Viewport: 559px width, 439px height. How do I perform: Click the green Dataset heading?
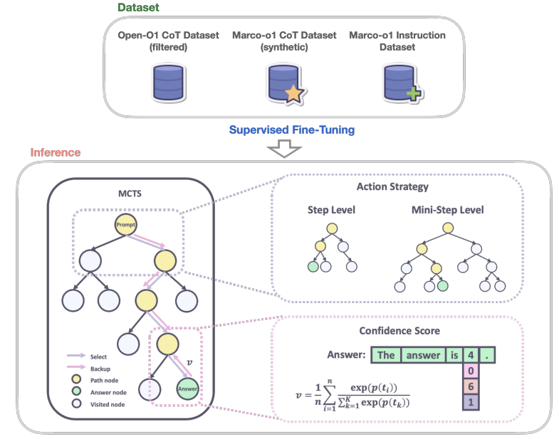(x=138, y=8)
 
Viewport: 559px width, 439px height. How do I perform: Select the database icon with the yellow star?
(x=286, y=85)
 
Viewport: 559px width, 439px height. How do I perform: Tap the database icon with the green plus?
(x=402, y=83)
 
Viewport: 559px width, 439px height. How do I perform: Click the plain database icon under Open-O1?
(x=168, y=83)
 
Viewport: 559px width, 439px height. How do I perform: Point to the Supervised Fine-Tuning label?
(x=292, y=129)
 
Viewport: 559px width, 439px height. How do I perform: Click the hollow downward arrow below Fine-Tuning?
(x=284, y=149)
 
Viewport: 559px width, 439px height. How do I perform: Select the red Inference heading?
(x=56, y=152)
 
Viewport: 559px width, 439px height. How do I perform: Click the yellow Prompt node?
(x=125, y=225)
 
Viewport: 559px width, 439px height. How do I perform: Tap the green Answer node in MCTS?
(x=187, y=388)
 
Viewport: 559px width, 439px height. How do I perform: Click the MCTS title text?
(x=130, y=194)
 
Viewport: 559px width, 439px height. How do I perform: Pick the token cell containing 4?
(x=471, y=355)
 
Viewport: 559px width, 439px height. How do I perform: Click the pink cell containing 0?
(x=471, y=371)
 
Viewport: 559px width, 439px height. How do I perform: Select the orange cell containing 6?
(x=471, y=386)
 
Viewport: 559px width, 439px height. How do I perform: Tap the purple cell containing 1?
(x=471, y=402)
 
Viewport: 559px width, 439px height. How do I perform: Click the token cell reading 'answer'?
(x=423, y=355)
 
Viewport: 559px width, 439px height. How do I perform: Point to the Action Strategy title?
(x=392, y=186)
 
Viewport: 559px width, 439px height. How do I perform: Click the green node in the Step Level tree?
(x=313, y=267)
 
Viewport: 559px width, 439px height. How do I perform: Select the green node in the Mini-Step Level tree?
(x=442, y=286)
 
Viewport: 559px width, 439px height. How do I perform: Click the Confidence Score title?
(x=399, y=331)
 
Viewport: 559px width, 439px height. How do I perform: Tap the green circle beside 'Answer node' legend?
(x=76, y=391)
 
